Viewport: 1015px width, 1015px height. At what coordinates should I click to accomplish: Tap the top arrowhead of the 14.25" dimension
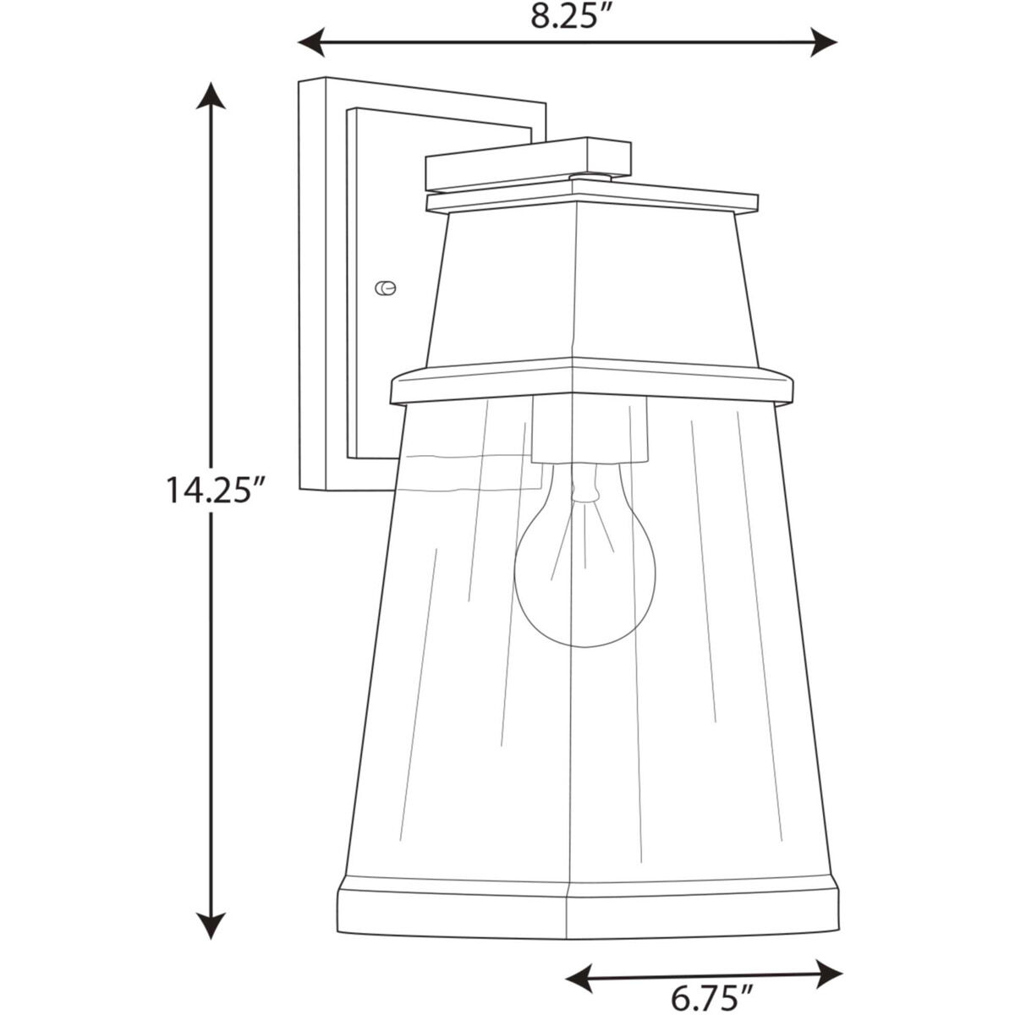click(x=211, y=94)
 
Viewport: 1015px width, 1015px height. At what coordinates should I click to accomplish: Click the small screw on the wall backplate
click(x=385, y=288)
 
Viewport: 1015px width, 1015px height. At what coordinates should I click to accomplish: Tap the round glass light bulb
click(x=584, y=575)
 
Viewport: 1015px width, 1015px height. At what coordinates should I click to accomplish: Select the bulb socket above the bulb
click(x=590, y=430)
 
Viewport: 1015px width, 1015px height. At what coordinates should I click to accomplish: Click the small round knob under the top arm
click(x=590, y=177)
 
